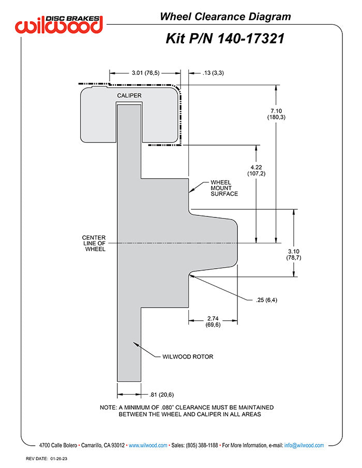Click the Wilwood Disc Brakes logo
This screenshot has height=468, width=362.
coord(59,24)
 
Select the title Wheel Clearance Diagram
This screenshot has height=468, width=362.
coord(225,17)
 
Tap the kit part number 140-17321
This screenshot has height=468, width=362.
coord(251,39)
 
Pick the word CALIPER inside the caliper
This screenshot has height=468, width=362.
coord(129,96)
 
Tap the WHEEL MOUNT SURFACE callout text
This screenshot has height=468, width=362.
coord(224,188)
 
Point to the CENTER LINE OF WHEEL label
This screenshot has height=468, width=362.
coord(94,243)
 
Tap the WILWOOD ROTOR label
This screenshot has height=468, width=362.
coord(188,356)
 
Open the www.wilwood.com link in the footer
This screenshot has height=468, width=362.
coord(148,445)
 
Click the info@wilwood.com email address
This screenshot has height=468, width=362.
coord(304,445)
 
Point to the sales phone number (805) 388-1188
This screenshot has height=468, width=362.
coord(202,445)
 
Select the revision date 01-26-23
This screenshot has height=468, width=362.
coord(59,459)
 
